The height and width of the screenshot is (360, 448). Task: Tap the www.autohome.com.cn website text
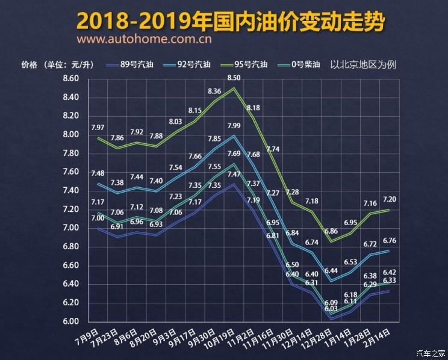point(144,40)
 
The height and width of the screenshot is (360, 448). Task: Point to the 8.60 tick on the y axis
point(70,79)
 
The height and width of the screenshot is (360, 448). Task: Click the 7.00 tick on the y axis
point(70,228)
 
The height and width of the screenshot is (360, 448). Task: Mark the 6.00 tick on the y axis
point(70,321)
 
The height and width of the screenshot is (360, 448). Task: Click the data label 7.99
point(234,125)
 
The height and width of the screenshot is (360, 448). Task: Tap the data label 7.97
point(98,127)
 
